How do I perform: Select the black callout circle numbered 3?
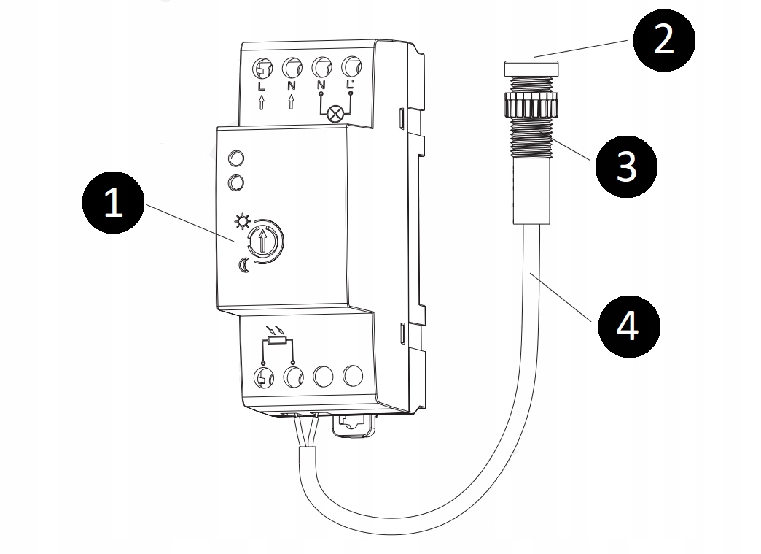pyautogui.click(x=626, y=166)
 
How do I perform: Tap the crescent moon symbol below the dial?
pyautogui.click(x=243, y=266)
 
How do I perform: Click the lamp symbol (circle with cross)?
pyautogui.click(x=335, y=114)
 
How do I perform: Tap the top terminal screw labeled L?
pyautogui.click(x=262, y=69)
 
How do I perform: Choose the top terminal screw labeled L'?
pyautogui.click(x=351, y=67)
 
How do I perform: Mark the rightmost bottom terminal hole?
pyautogui.click(x=353, y=376)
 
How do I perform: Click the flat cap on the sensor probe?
pyautogui.click(x=531, y=69)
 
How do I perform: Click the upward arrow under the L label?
pyautogui.click(x=262, y=104)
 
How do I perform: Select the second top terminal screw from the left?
pyautogui.click(x=292, y=69)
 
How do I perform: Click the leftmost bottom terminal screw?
pyautogui.click(x=262, y=377)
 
